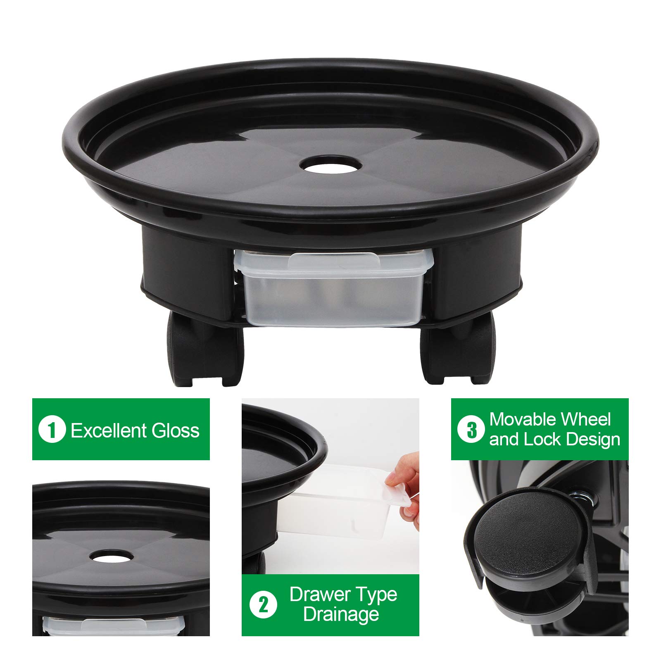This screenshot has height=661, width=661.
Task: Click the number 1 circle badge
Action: point(52,430)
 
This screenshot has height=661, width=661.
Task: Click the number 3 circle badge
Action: point(471,430)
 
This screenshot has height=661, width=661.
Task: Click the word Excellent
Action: point(109,430)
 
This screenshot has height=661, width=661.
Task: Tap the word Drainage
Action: point(341,614)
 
